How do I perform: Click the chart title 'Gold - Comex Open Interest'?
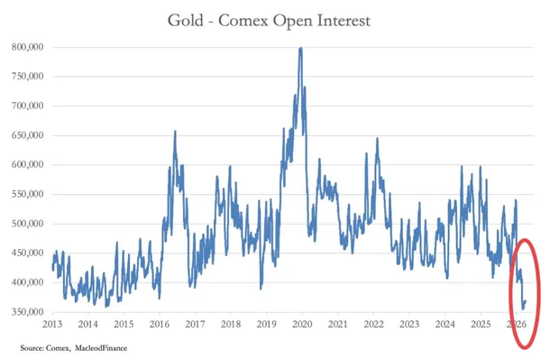[269, 21]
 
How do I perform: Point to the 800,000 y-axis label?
[28, 47]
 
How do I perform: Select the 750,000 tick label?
[28, 77]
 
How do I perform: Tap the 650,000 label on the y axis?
[28, 135]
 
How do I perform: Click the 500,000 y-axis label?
[28, 224]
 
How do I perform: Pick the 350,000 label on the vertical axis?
[28, 312]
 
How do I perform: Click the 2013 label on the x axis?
[52, 324]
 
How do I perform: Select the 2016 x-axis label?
[160, 324]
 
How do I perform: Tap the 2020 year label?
[302, 324]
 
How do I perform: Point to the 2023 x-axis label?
[409, 324]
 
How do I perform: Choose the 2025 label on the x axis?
[481, 324]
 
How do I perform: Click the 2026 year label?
[517, 324]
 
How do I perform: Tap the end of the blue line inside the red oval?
[526, 301]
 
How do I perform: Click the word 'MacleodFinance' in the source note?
[101, 348]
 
